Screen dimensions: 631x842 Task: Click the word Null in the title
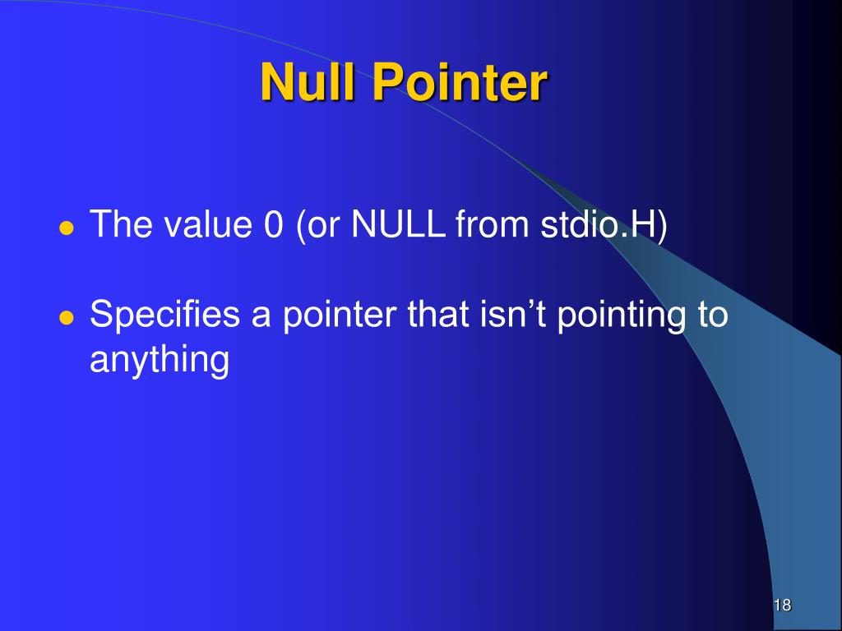click(308, 83)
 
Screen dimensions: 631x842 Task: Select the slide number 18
click(781, 606)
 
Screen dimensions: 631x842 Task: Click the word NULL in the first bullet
click(399, 225)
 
